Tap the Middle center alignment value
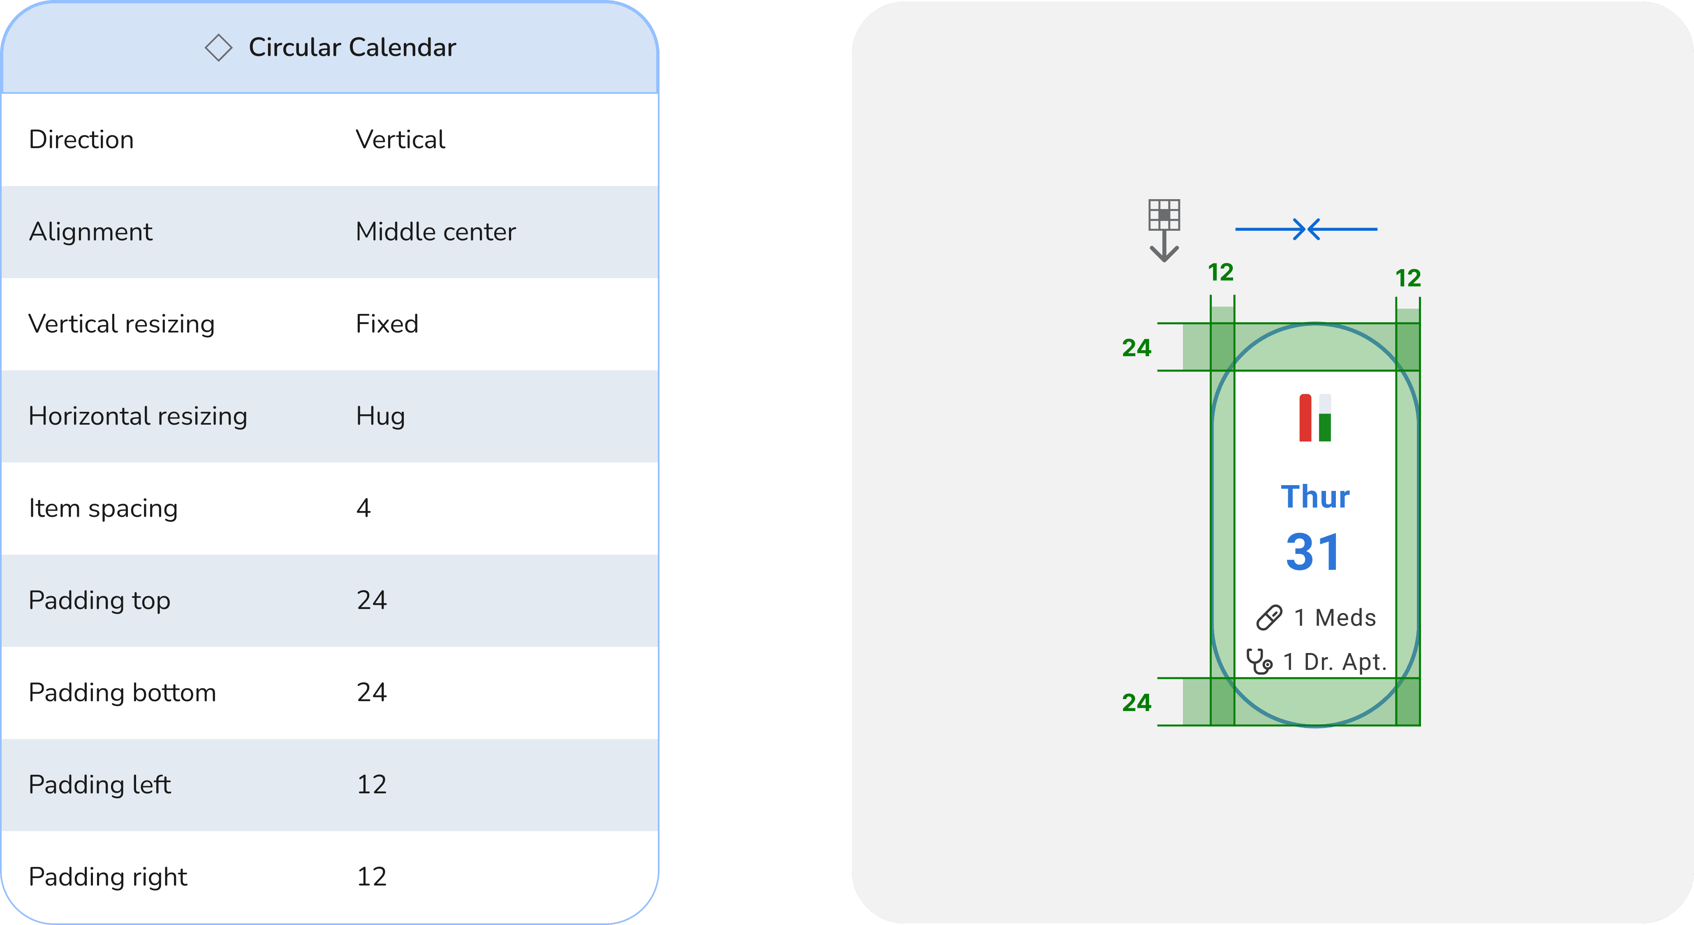(x=435, y=232)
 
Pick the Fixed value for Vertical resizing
(x=386, y=324)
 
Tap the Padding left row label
(x=100, y=785)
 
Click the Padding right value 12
(x=372, y=877)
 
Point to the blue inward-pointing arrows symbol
(x=1306, y=229)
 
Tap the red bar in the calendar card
(x=1305, y=418)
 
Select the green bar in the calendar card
(x=1325, y=427)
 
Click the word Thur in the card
(x=1315, y=497)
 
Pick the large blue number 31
(x=1313, y=552)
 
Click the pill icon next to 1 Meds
(x=1269, y=618)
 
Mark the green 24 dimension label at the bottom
(x=1136, y=703)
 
